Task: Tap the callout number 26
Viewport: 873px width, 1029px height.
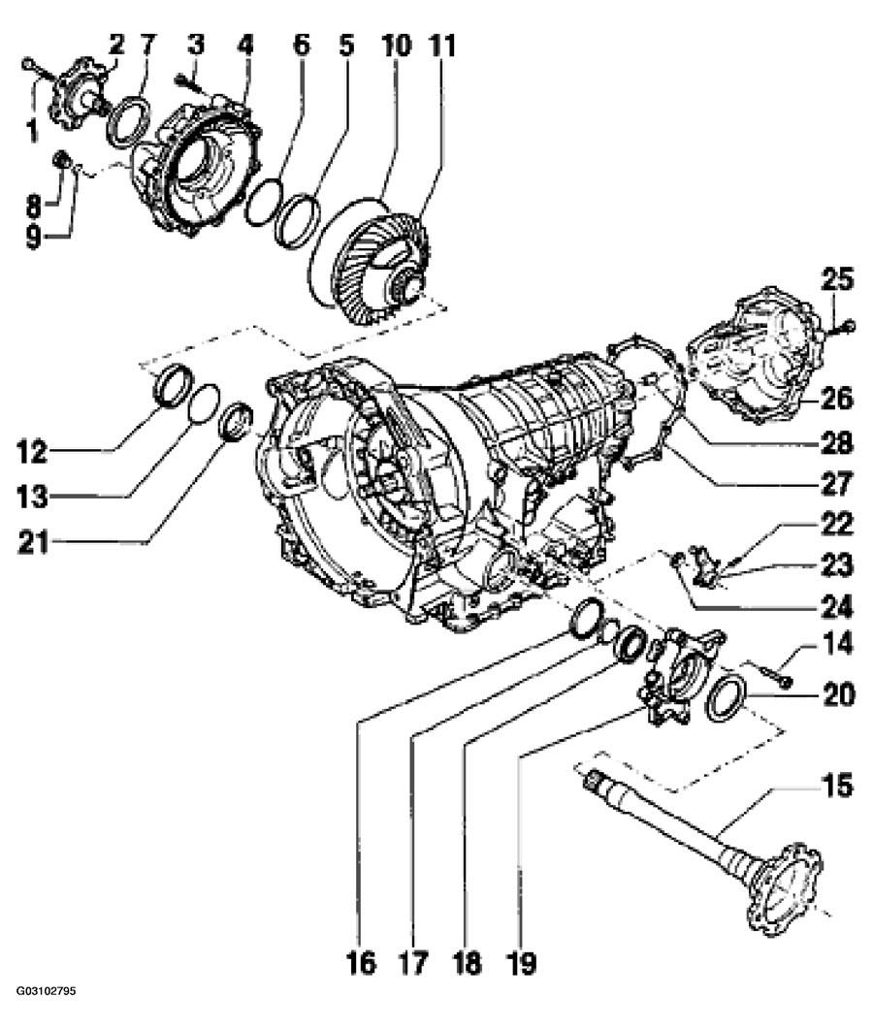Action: [x=836, y=398]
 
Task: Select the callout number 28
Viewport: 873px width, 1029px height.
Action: [x=836, y=444]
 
